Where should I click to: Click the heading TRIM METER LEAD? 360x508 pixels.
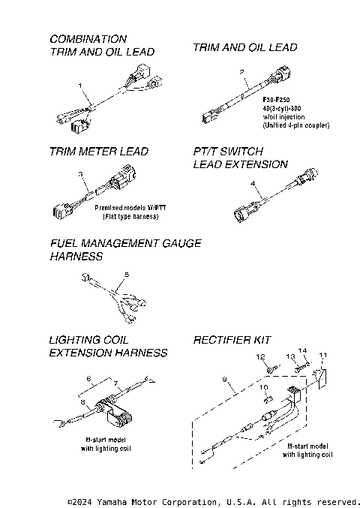pyautogui.click(x=98, y=151)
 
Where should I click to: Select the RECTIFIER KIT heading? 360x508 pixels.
pyautogui.click(x=232, y=339)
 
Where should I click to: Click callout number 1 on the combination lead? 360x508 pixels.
pyautogui.click(x=79, y=86)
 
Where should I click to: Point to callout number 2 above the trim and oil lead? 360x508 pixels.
pyautogui.click(x=242, y=72)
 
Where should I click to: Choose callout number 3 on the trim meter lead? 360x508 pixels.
pyautogui.click(x=80, y=174)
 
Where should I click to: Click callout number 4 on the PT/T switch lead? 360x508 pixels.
pyautogui.click(x=253, y=183)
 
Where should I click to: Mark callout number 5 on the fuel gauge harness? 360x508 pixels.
pyautogui.click(x=127, y=275)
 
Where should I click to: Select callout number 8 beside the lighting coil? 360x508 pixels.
pyautogui.click(x=82, y=401)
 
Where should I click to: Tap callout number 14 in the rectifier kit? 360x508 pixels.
pyautogui.click(x=304, y=350)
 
